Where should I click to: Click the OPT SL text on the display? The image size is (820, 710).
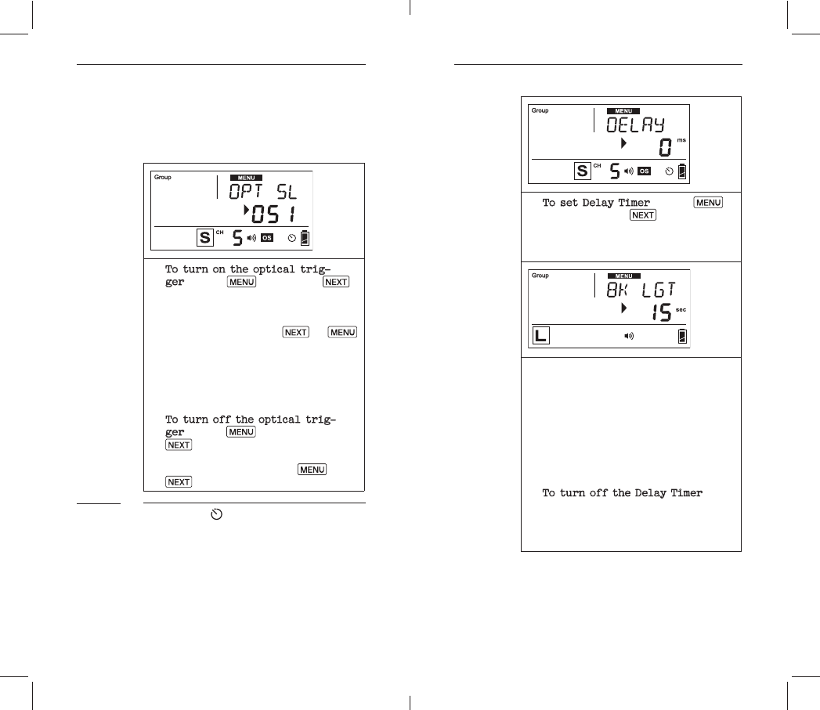[x=263, y=193]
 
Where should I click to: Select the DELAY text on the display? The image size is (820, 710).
[x=636, y=125]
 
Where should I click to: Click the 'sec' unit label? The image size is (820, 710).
[x=681, y=310]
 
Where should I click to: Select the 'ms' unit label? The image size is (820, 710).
[x=681, y=139]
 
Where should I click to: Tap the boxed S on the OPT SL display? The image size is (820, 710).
[x=205, y=237]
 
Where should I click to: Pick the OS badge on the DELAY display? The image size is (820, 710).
[x=644, y=170]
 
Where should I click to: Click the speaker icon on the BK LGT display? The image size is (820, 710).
[x=628, y=337]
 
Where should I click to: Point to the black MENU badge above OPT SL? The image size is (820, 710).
[x=247, y=178]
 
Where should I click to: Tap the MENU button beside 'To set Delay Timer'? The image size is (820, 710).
[x=709, y=203]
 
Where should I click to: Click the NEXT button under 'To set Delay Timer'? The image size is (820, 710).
[x=643, y=215]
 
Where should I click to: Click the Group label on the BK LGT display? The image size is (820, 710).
[x=540, y=276]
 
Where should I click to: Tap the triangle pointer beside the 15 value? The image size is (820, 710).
[x=624, y=308]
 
